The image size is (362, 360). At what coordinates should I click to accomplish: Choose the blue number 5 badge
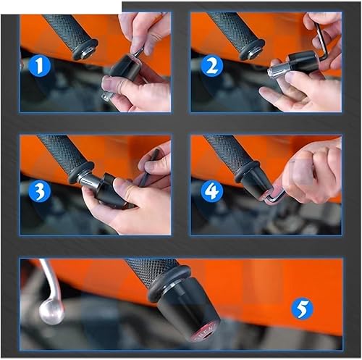click(x=302, y=310)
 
